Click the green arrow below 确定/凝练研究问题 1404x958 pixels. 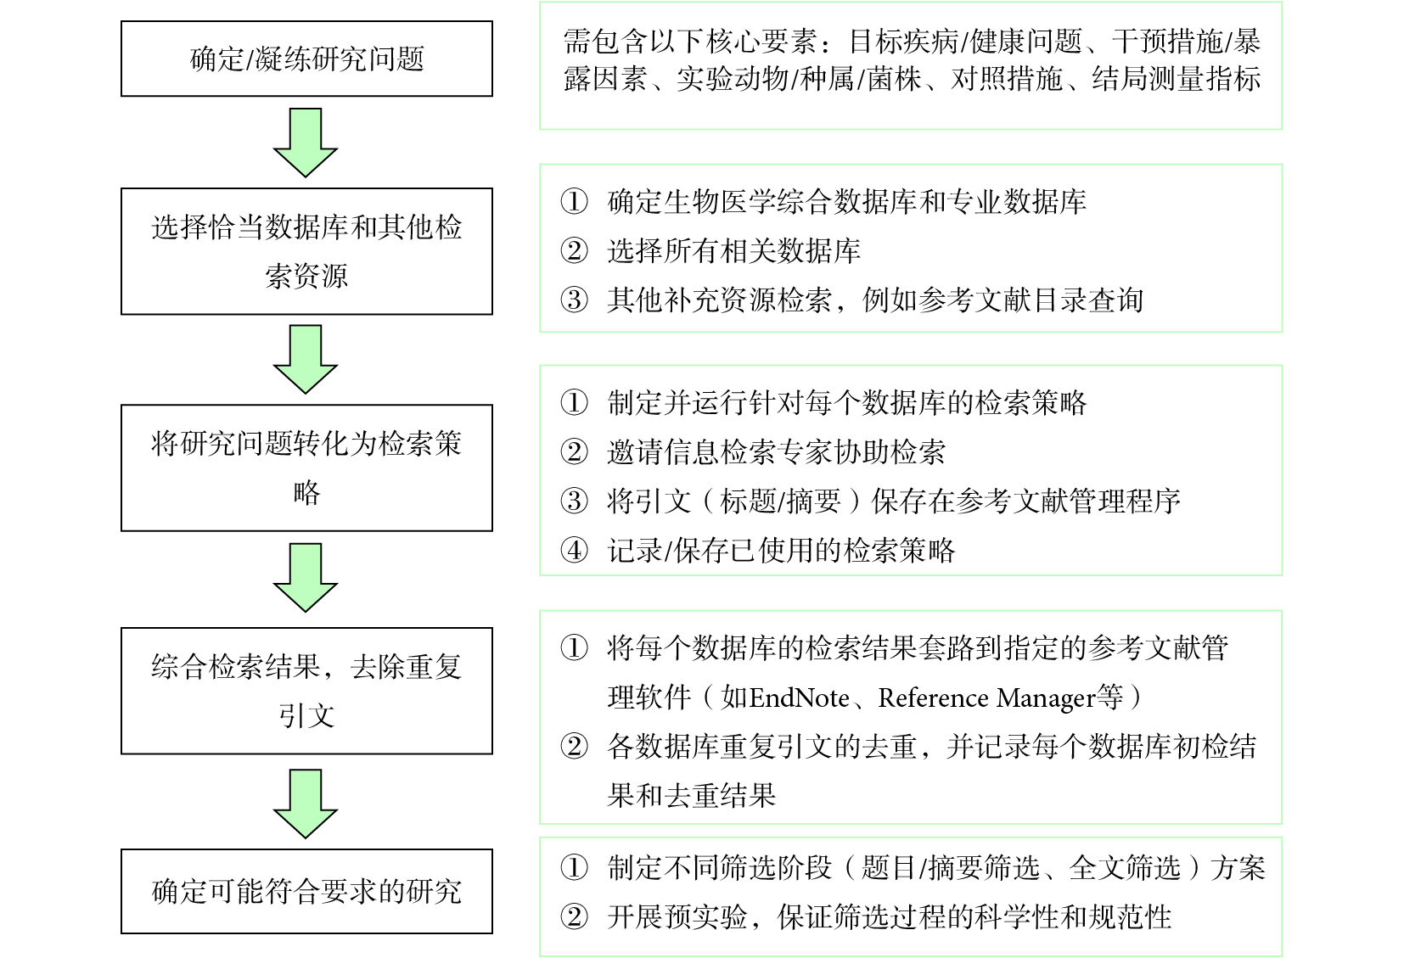[306, 143]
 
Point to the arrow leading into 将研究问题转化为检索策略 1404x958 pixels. [306, 360]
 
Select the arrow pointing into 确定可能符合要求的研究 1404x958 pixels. [306, 804]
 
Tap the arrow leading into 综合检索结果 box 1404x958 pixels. [306, 578]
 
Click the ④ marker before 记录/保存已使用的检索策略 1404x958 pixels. [574, 551]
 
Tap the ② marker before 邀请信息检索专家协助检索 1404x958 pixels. [574, 451]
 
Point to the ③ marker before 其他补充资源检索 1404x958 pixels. [574, 300]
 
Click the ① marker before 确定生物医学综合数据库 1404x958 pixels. [574, 202]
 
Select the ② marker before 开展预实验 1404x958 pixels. [574, 917]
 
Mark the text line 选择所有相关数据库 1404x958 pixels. [734, 251]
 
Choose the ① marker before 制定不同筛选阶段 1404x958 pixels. [574, 868]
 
